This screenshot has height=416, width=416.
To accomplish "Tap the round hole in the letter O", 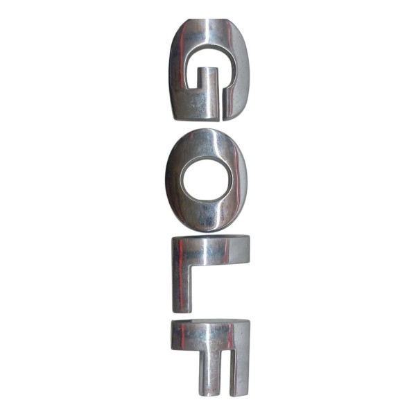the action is point(206,180).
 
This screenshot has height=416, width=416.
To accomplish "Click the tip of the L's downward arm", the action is point(182,312).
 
